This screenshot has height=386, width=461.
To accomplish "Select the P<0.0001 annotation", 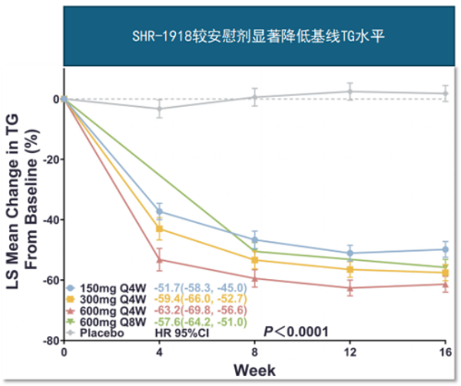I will point(296,331).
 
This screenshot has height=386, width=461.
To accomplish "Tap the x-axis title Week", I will point(254,370).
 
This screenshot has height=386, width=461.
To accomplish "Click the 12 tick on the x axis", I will point(350,352).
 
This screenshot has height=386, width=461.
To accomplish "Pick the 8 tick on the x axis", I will point(255,352).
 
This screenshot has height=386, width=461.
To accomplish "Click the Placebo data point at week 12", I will point(350,92).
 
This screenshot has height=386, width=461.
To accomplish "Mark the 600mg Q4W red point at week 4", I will point(160,260).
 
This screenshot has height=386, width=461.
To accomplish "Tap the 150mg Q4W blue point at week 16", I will point(446,249).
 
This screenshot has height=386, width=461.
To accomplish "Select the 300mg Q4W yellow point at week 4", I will point(160,229).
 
